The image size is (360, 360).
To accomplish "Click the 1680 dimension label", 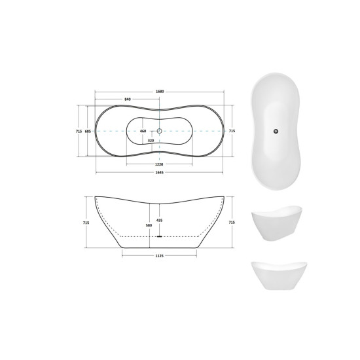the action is [x=160, y=92].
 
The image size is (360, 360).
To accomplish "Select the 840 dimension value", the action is [x=128, y=99].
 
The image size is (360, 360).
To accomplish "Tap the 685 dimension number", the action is [x=88, y=131].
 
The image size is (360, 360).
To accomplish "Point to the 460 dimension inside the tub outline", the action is [x=143, y=131].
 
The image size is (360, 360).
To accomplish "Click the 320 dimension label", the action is [x=151, y=141].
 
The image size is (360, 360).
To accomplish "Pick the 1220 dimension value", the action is [x=159, y=164].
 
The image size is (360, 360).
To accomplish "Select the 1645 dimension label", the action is [x=159, y=172].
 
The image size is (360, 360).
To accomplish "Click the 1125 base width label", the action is [x=159, y=256].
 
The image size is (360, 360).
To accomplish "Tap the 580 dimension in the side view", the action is [x=149, y=225].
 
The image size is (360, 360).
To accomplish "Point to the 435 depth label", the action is [x=159, y=221].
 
